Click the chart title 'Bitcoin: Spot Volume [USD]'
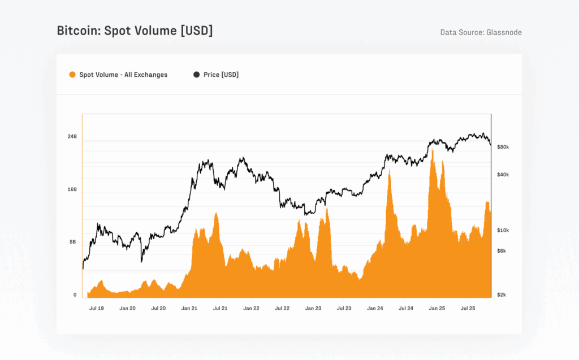[x=135, y=31]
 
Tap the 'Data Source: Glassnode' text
[x=481, y=32]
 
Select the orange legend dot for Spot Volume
[x=72, y=75]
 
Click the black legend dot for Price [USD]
[x=196, y=75]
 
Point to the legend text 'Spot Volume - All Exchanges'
[x=123, y=75]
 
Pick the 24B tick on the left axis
[x=72, y=137]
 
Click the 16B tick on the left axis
[x=72, y=189]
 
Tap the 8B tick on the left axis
[x=73, y=242]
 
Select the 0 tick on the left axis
[x=75, y=294]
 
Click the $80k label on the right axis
[x=503, y=147]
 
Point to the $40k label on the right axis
[x=503, y=175]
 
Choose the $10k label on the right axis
[x=503, y=231]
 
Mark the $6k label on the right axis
[x=502, y=251]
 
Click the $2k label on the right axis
[x=502, y=294]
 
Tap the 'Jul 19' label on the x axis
[x=96, y=309]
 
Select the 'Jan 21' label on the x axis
[x=189, y=309]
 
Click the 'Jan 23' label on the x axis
[x=313, y=309]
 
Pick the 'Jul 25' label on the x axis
[x=468, y=309]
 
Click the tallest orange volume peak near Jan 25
[x=433, y=150]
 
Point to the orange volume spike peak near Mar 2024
[x=390, y=171]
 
